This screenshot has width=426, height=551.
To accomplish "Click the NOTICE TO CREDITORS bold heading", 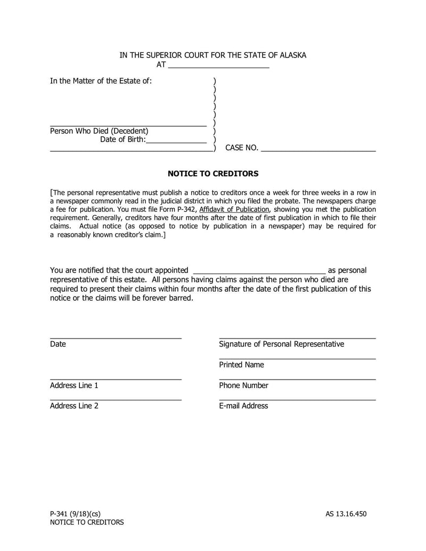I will (x=213, y=174).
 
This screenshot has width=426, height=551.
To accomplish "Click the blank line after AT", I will (x=218, y=67).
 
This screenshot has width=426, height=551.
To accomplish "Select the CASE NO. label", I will (x=242, y=148).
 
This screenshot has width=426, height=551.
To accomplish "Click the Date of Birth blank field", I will (x=176, y=142).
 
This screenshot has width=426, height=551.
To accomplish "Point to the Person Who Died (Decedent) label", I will (x=99, y=131).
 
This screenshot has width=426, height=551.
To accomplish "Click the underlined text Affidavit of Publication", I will (x=234, y=209).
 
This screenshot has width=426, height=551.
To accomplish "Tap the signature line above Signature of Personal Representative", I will (x=297, y=338).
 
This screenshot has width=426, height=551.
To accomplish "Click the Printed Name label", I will (x=241, y=365).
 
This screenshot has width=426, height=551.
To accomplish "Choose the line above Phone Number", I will (x=297, y=379).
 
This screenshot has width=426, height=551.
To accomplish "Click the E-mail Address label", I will (x=243, y=406).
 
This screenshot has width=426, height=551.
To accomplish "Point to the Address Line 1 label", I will (x=74, y=385).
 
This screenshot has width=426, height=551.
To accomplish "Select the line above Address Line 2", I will (x=116, y=399).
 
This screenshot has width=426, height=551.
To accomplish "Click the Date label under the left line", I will (x=58, y=344).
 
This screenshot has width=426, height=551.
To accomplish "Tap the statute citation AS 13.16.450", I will (x=346, y=514).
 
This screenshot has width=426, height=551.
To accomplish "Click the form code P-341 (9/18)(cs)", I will (x=75, y=514).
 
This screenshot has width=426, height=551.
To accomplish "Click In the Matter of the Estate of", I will (x=101, y=81).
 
